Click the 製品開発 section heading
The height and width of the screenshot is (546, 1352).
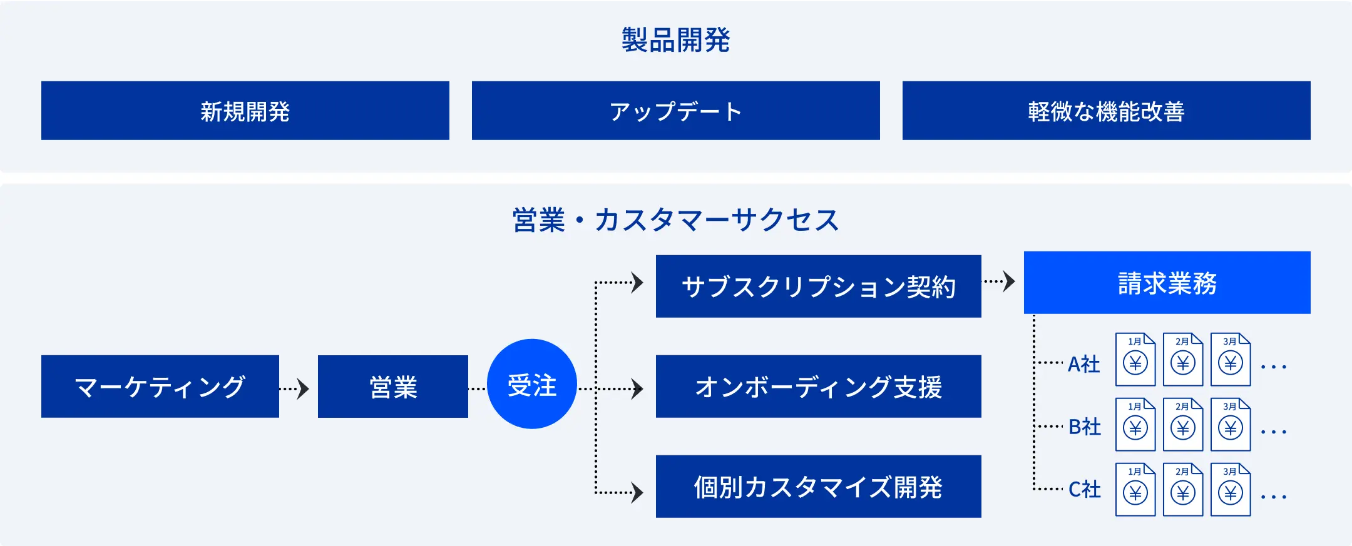[675, 40]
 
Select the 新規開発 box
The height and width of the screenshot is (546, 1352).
[245, 111]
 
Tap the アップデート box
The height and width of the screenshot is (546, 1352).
[676, 111]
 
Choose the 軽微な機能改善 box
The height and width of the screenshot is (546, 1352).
[1107, 111]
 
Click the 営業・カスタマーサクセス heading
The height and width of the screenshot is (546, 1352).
[676, 220]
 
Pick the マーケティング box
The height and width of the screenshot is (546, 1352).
[160, 387]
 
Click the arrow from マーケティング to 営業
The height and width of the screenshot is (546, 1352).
[294, 389]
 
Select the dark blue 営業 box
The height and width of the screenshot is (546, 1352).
[393, 387]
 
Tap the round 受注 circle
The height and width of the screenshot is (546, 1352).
[532, 384]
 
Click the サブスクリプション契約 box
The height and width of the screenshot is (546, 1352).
[819, 286]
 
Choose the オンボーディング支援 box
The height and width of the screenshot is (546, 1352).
[819, 387]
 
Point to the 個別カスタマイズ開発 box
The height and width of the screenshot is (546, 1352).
[819, 487]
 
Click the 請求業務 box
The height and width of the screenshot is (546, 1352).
[1167, 283]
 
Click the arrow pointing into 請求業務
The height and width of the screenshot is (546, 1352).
[999, 281]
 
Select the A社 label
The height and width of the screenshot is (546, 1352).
[1084, 364]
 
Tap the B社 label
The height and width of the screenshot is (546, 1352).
[1085, 427]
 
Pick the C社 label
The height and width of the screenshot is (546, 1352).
[1085, 490]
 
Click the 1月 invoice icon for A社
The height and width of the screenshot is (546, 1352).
[1135, 360]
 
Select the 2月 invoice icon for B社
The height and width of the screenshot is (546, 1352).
[1183, 425]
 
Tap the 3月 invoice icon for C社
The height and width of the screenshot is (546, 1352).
[1231, 490]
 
